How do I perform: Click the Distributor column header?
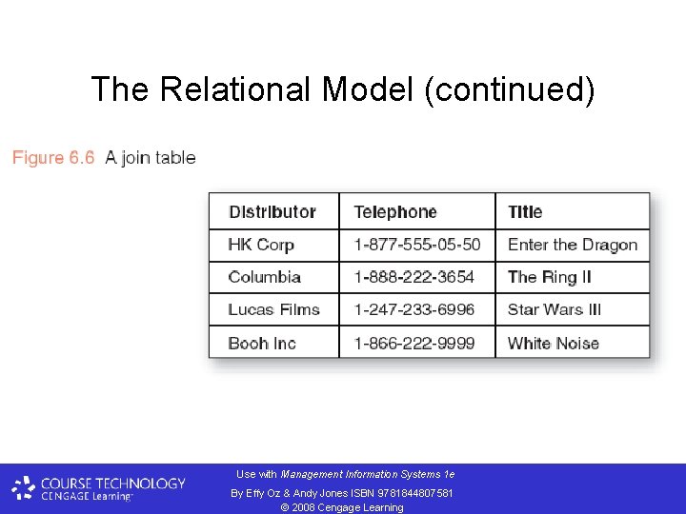tap(272, 212)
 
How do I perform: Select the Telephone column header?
tap(395, 212)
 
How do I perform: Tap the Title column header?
tap(525, 212)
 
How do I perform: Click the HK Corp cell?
tap(261, 245)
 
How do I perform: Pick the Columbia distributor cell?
tap(265, 277)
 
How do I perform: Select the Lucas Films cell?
tap(273, 309)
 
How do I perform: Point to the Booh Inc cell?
tap(262, 343)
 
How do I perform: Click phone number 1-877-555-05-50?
tap(417, 245)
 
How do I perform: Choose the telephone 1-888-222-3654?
tap(414, 277)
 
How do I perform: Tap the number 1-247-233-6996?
tap(414, 309)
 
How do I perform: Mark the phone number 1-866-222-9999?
tap(414, 343)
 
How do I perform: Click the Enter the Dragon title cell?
tap(573, 245)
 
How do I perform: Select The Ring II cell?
tap(550, 277)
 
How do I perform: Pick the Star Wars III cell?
tap(555, 309)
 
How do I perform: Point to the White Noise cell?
tap(554, 343)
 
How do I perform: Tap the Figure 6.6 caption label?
tap(53, 158)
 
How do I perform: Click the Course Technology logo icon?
tap(24, 488)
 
